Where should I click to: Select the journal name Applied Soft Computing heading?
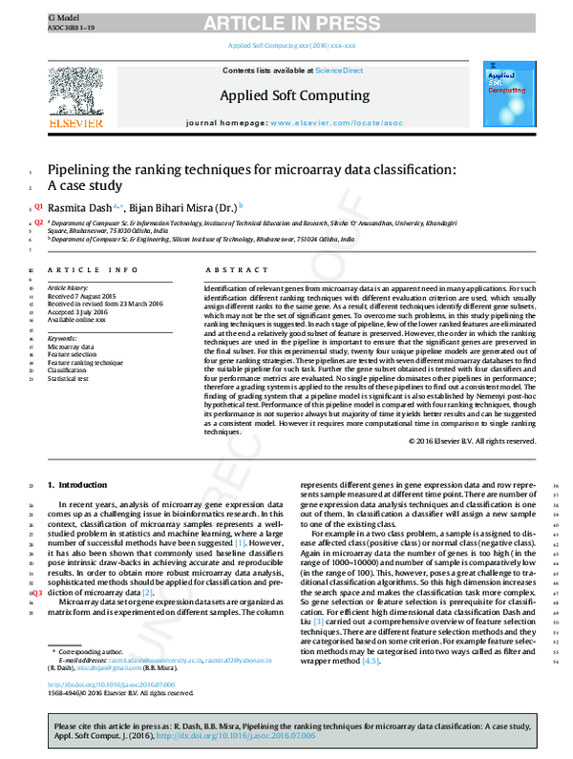294,95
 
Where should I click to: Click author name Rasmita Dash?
80,205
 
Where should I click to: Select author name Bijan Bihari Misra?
185,205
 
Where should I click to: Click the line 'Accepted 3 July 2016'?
81,310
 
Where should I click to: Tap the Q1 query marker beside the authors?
38,205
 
